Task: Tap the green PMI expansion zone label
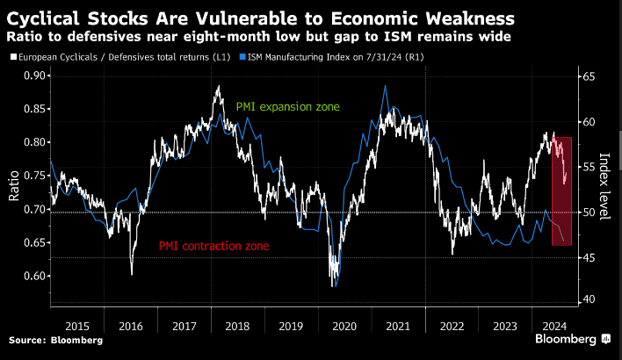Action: point(287,106)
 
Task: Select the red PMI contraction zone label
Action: point(213,247)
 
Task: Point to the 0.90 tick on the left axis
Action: point(31,76)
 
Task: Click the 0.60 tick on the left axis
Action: point(31,276)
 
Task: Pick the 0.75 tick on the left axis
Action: point(31,176)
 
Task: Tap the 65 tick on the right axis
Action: point(587,78)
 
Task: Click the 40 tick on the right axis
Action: point(587,300)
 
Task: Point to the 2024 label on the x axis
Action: point(555,326)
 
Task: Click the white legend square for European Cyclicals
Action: point(11,57)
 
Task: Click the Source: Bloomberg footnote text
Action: point(55,340)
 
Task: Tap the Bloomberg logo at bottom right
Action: point(572,338)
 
